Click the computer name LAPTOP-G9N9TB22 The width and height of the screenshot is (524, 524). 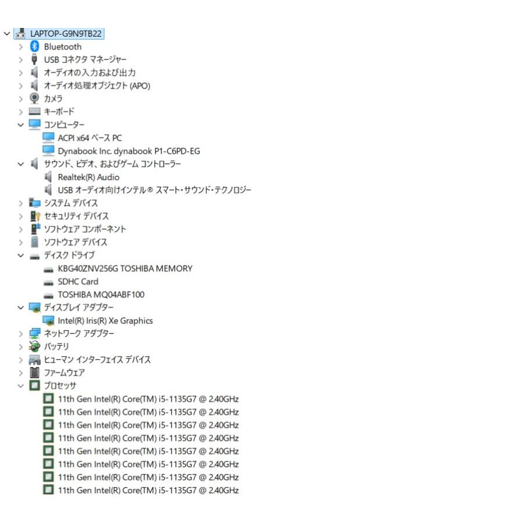(x=66, y=34)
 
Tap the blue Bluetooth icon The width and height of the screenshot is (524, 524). (x=34, y=47)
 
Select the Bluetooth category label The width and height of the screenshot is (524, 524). (x=63, y=47)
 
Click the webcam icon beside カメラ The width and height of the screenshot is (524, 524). (x=34, y=98)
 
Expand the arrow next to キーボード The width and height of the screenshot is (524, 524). (x=21, y=112)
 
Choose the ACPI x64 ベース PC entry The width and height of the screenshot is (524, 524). (x=90, y=138)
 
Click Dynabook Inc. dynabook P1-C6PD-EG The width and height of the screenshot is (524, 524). (x=129, y=151)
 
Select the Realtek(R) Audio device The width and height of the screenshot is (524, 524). (x=88, y=177)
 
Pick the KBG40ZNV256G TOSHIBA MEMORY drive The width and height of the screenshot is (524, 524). (x=125, y=268)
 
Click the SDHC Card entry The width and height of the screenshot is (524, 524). (x=78, y=282)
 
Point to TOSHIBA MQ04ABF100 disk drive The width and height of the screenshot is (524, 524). (x=101, y=295)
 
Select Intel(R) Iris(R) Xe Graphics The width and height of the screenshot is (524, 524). (x=105, y=321)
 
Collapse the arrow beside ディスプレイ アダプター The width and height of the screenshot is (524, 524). (x=21, y=308)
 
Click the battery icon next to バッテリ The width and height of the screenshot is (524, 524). (x=34, y=346)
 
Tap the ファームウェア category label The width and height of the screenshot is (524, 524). (x=65, y=373)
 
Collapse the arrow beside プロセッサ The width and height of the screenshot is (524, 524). (x=21, y=386)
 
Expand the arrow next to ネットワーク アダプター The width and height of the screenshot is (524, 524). (x=21, y=334)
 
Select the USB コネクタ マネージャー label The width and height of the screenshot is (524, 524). (x=85, y=60)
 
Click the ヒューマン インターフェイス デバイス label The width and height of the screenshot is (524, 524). (x=97, y=360)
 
